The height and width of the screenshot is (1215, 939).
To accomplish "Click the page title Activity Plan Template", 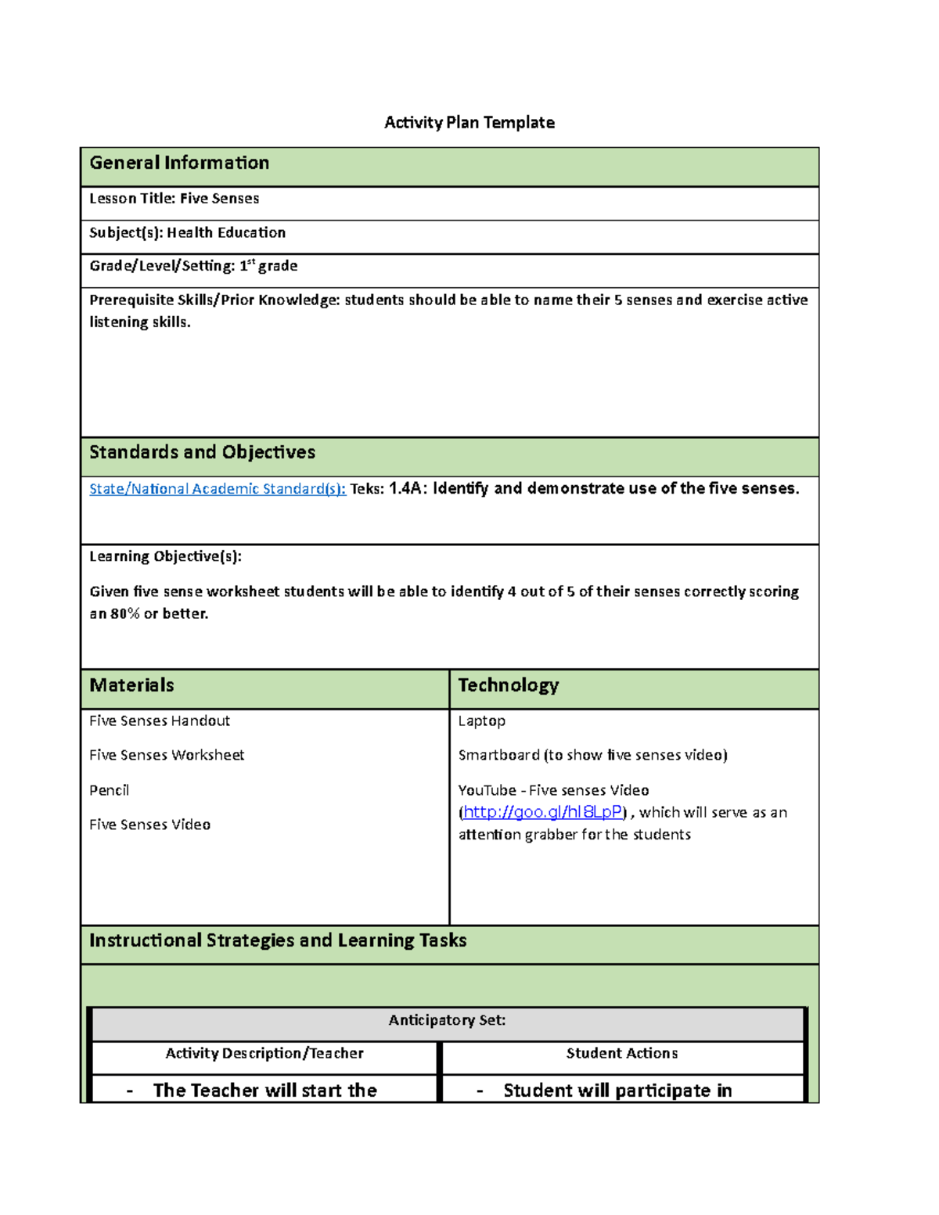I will click(x=469, y=122).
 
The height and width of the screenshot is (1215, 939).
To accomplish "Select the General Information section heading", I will click(x=179, y=163).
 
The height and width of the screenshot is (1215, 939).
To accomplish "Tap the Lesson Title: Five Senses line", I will click(x=174, y=199).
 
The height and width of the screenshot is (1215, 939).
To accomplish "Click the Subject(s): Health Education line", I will click(x=187, y=232).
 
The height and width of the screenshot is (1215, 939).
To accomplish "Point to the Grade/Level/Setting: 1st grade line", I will click(x=193, y=266).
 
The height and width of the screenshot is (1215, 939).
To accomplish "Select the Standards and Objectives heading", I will click(x=202, y=452).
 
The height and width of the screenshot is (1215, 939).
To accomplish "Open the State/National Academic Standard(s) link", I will click(x=217, y=489).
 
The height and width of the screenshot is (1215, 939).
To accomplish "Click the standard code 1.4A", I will click(x=406, y=489).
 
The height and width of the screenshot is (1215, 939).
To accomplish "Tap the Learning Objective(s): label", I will click(x=165, y=556).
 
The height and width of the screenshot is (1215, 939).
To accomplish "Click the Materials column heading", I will click(x=131, y=685).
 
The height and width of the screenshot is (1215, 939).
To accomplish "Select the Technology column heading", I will click(x=508, y=685).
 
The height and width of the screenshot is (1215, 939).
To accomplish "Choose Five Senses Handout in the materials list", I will click(x=160, y=721).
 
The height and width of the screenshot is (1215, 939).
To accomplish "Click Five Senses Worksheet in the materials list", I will click(x=167, y=755).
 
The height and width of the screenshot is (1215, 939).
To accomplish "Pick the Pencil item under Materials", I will click(x=109, y=790).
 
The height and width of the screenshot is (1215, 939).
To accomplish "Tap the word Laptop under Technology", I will click(x=481, y=721).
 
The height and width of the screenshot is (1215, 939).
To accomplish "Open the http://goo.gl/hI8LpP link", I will click(x=542, y=812).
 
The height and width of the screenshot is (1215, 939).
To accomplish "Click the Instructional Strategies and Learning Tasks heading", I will click(x=278, y=940).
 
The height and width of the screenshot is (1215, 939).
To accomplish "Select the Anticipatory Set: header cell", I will click(x=447, y=1020).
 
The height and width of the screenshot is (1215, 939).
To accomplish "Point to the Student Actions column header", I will click(x=621, y=1054).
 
